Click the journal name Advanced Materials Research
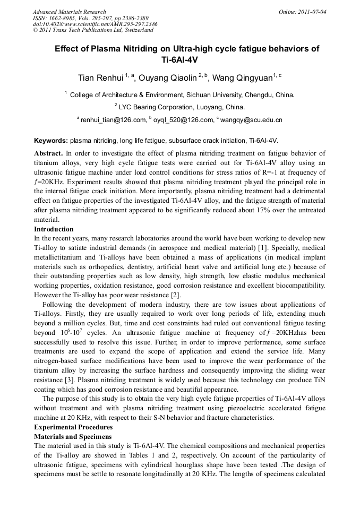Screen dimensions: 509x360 (69, 12)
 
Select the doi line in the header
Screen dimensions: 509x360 (95, 24)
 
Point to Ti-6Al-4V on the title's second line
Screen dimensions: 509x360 (179, 60)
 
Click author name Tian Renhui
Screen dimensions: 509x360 (100, 78)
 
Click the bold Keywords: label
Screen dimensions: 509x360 (50, 141)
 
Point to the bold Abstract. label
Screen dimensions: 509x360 (48, 153)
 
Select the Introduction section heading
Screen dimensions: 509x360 (54, 229)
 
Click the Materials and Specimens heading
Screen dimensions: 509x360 (73, 436)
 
